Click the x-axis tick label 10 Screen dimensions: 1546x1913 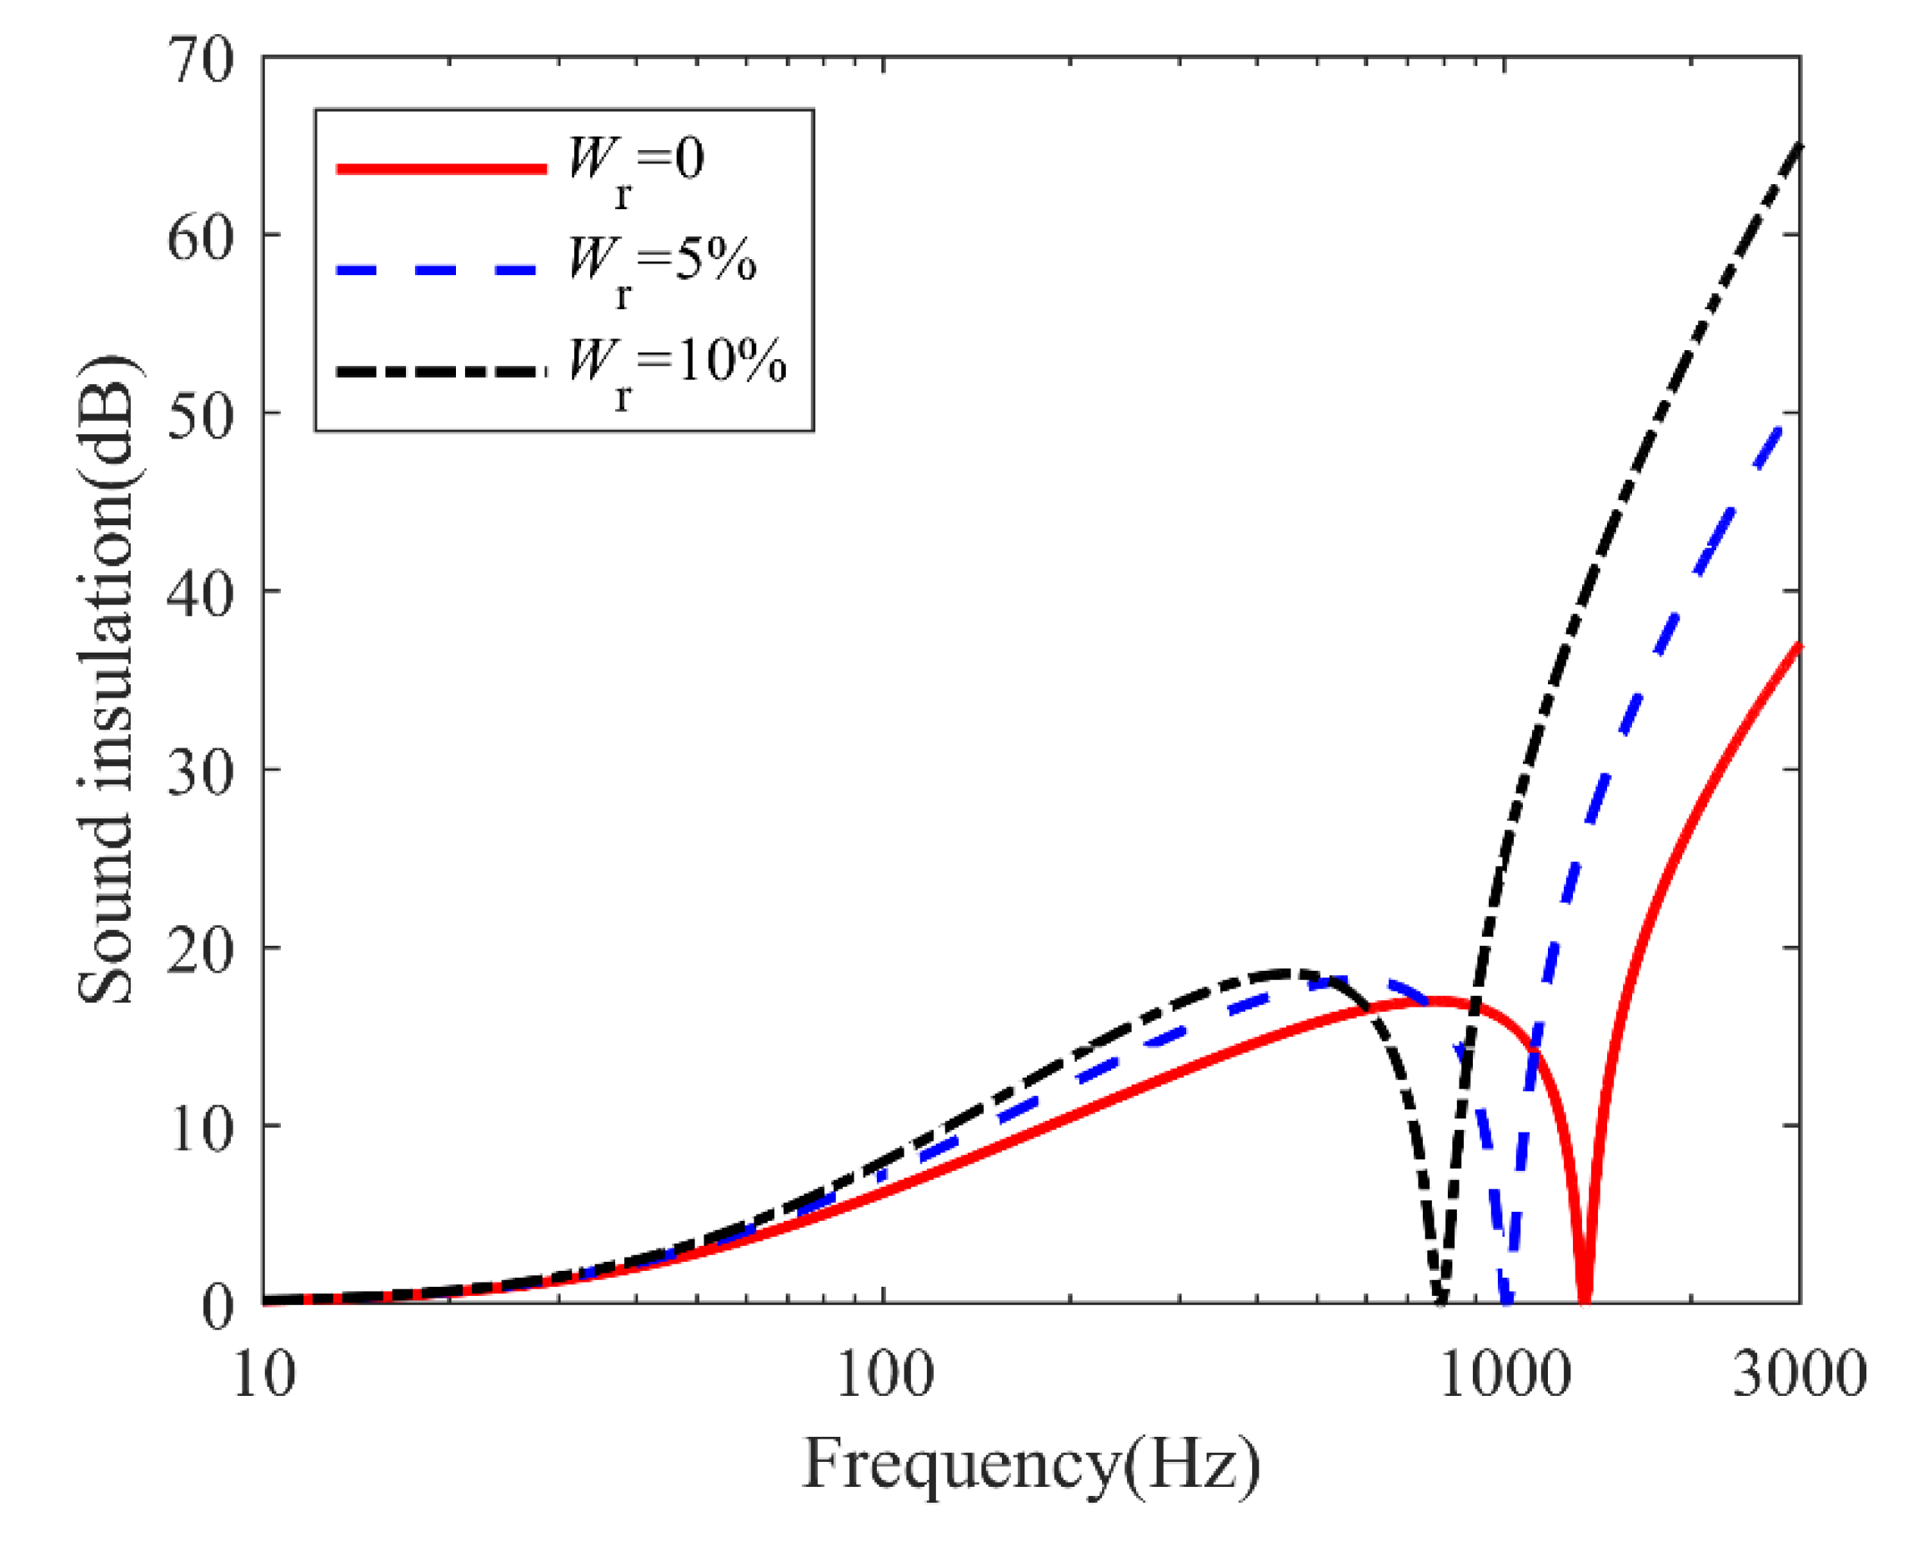[263, 1374]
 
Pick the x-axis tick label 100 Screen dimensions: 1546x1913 [884, 1374]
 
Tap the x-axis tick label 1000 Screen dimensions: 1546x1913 [1505, 1374]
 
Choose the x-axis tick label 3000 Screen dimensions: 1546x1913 [1799, 1374]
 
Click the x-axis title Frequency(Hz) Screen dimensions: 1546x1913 [1031, 1465]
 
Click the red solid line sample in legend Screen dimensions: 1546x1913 [441, 168]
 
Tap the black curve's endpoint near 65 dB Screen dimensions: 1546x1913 [1799, 147]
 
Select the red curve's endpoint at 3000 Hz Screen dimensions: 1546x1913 [1799, 645]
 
